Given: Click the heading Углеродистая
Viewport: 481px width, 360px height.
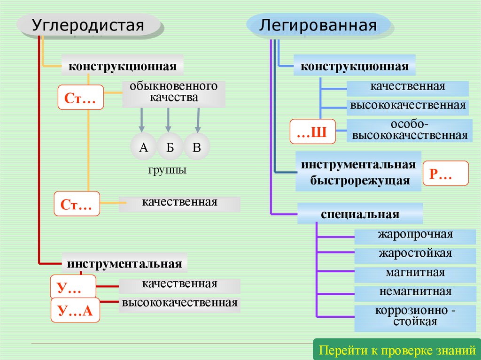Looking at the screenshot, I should coord(88,25).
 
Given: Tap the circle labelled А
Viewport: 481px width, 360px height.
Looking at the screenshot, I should coord(144,147).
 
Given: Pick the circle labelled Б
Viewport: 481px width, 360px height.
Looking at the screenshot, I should coord(170,147).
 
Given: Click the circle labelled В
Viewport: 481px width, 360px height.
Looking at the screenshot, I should coord(197,147).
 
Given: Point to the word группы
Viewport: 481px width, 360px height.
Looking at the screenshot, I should coord(168,169).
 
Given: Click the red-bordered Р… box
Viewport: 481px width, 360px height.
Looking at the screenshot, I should coord(446,174).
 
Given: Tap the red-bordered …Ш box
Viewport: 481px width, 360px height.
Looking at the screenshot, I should coord(312,131).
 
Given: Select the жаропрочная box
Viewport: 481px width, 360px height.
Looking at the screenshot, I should coord(415,235).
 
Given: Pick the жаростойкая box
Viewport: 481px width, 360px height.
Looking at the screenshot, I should coord(415,254).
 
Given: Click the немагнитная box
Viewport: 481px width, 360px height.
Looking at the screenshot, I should coord(415,292).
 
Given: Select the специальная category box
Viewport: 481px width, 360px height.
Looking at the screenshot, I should coord(360,214).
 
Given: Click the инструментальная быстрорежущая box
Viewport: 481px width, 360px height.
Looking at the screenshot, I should coord(358,172).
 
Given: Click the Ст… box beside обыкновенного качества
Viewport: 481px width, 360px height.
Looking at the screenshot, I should coord(80,97).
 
